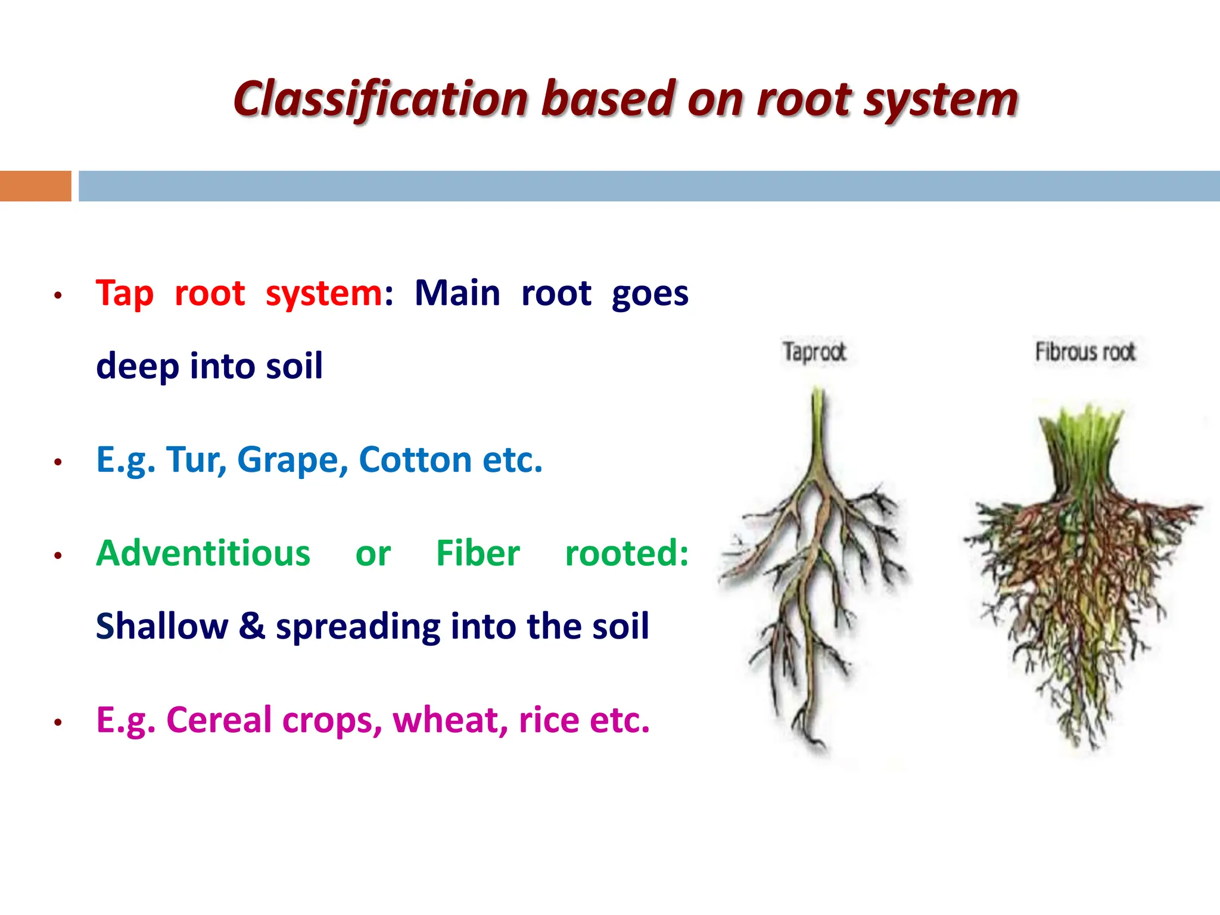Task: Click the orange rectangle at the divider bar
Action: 35,186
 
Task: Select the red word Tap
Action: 125,294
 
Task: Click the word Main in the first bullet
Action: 457,294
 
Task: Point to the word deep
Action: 137,366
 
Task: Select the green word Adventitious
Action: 203,553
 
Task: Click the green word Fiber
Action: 478,553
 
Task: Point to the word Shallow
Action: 161,627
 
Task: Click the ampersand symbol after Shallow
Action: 252,627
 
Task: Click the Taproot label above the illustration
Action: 814,352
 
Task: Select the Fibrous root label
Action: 1085,352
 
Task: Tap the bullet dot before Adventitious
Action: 58,556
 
